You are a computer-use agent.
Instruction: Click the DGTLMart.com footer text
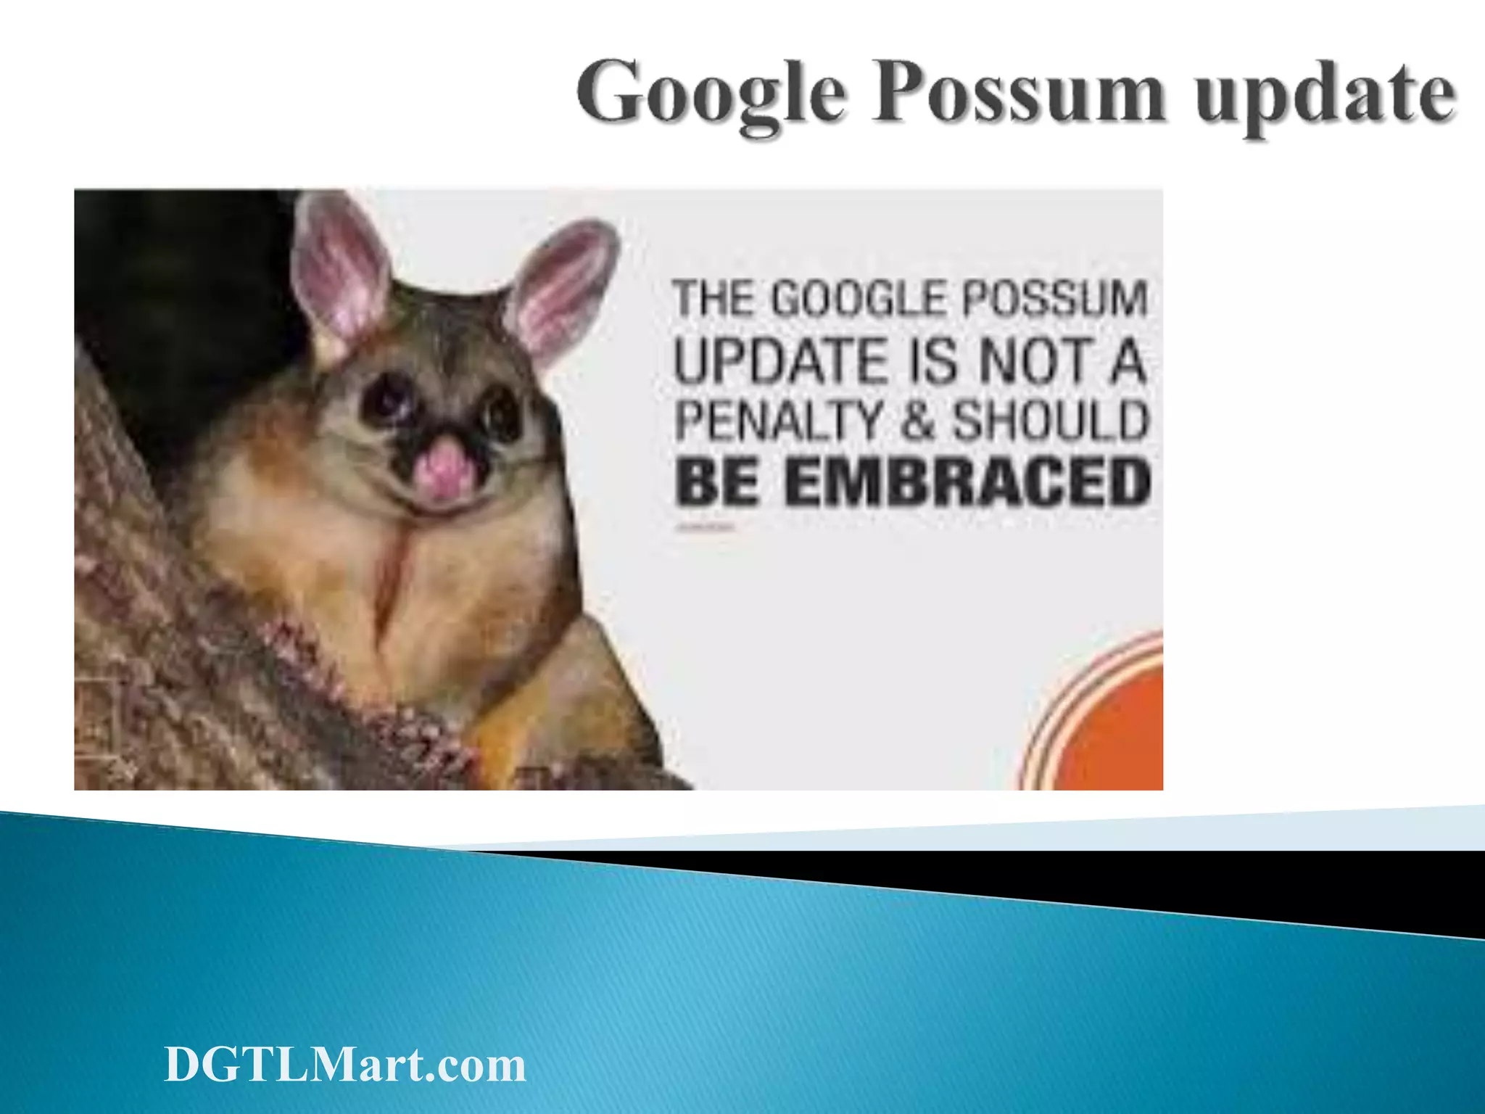tap(345, 1065)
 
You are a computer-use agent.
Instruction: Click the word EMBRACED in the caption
tap(968, 483)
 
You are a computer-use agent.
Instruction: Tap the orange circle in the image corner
tap(1117, 733)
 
